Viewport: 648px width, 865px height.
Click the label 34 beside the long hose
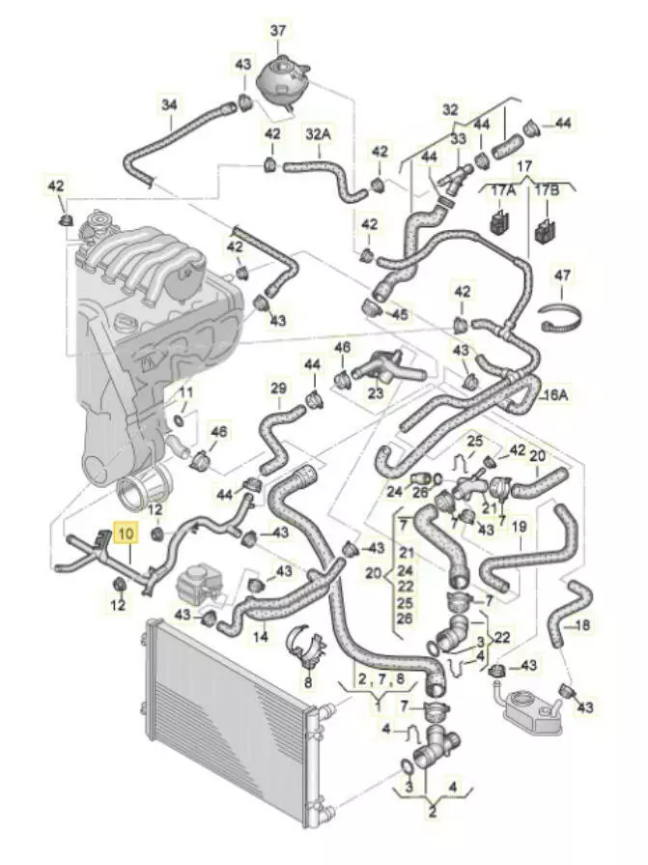170,103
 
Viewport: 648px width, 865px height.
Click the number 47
563,275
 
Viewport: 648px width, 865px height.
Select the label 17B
548,191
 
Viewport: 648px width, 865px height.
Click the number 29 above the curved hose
279,389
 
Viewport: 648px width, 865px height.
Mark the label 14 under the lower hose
260,637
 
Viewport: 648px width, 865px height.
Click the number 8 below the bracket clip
308,683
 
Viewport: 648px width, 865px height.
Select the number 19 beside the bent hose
519,528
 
